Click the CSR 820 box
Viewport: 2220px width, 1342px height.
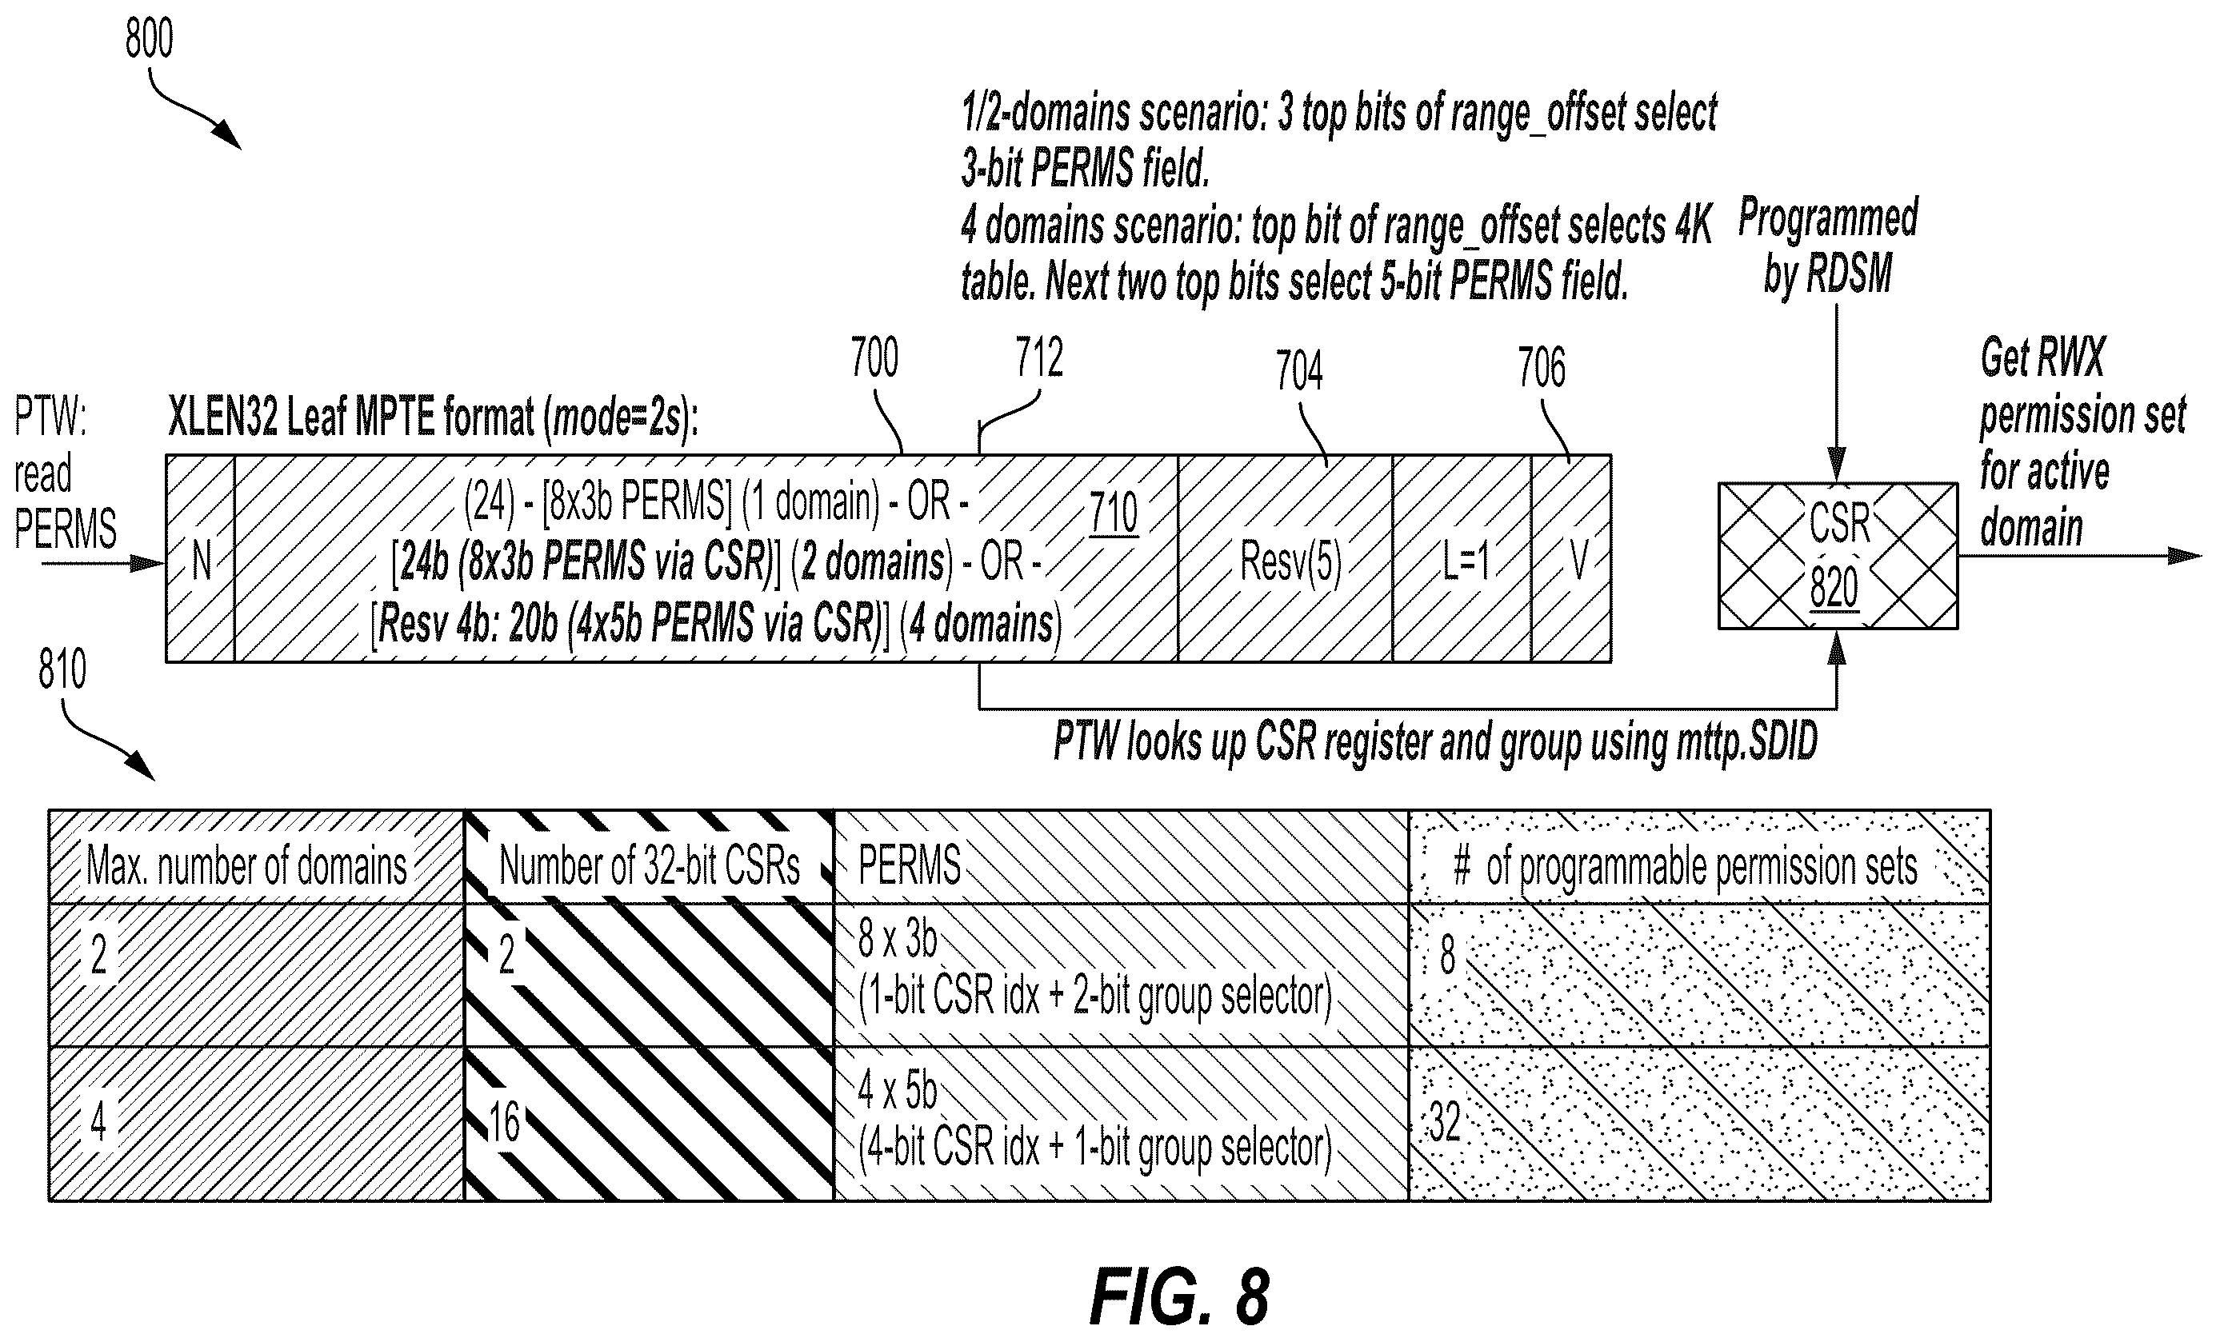point(1837,555)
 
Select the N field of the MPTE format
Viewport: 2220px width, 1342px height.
point(200,558)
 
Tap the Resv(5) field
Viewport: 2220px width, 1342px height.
point(1285,558)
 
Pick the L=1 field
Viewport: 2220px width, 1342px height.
point(1462,558)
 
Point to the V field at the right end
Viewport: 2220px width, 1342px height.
point(1571,558)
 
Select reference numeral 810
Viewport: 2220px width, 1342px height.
point(62,669)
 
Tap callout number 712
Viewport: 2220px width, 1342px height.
point(1039,357)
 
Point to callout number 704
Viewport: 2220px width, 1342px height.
point(1298,370)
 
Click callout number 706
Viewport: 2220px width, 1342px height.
point(1542,367)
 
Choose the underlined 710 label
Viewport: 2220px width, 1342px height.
point(1114,514)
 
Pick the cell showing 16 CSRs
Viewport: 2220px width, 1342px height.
point(649,1123)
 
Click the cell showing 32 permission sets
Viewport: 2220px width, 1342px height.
point(1699,1123)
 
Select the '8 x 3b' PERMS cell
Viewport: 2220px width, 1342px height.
point(1121,975)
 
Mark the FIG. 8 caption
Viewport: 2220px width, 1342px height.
point(1179,1297)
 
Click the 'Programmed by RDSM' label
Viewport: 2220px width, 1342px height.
point(1828,245)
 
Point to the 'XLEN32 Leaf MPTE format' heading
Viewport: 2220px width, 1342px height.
point(433,419)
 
